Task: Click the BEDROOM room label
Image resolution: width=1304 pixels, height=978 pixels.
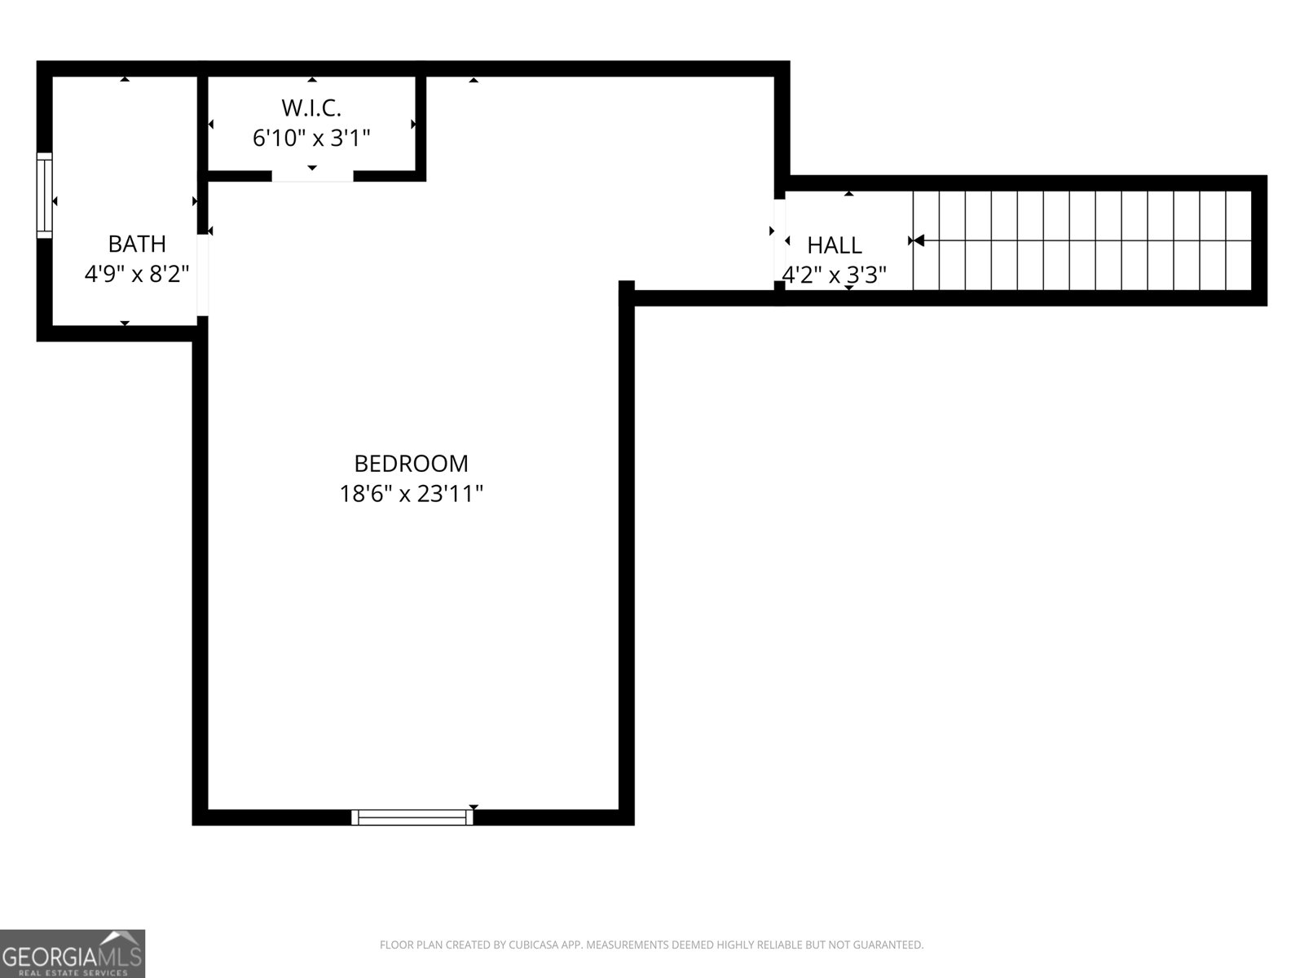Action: [x=411, y=464]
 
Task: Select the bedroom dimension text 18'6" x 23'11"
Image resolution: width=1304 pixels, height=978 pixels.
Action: [x=411, y=494]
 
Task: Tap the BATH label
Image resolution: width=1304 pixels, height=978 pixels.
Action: [x=137, y=244]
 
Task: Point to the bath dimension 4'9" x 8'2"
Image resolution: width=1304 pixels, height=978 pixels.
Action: [x=137, y=275]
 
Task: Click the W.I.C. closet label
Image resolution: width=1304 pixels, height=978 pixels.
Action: [x=311, y=108]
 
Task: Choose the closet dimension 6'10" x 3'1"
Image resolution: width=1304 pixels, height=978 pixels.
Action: [x=311, y=139]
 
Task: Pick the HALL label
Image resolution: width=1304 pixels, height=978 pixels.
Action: [x=834, y=245]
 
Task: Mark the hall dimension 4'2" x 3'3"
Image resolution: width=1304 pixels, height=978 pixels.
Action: [x=834, y=275]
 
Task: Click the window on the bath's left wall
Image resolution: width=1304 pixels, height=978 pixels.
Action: [x=45, y=196]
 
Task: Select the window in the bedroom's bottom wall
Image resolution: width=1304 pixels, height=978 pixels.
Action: [x=412, y=817]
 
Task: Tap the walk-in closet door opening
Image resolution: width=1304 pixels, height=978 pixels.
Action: [x=312, y=176]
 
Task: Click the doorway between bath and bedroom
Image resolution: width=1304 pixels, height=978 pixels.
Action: [x=203, y=275]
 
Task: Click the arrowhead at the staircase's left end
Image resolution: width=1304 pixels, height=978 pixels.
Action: [x=919, y=240]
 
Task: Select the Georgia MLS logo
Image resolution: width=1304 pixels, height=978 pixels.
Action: [x=73, y=953]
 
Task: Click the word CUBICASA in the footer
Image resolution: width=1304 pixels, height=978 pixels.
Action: [x=531, y=945]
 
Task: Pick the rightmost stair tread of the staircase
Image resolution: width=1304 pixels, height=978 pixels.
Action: [x=1240, y=240]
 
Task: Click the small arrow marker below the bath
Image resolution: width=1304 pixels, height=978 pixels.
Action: [x=125, y=323]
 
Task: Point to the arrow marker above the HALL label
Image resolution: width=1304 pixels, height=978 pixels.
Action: [x=849, y=194]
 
